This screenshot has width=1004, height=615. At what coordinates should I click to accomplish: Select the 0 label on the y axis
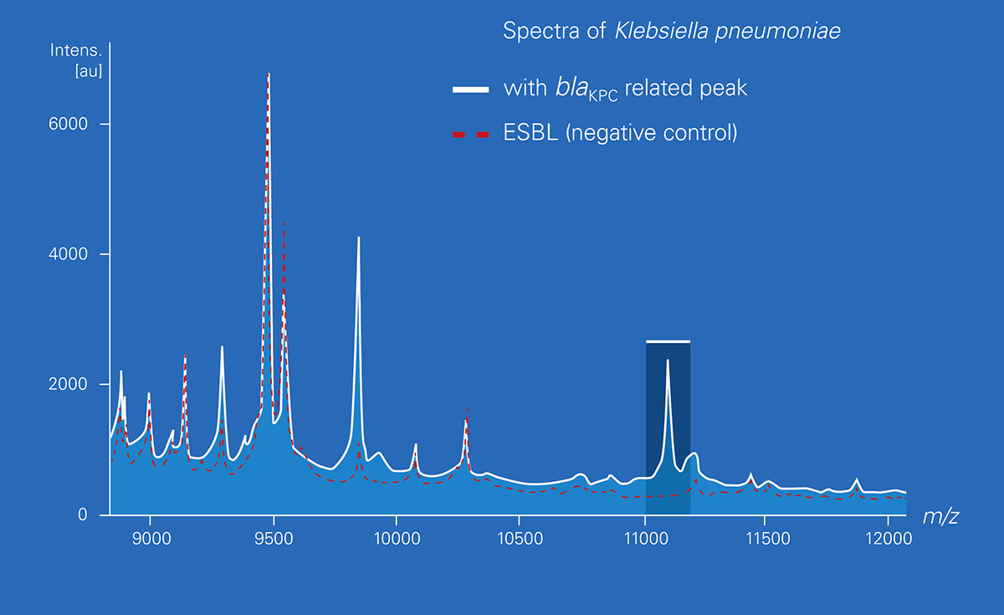click(x=82, y=515)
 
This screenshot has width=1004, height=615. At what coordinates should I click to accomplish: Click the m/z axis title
click(x=940, y=517)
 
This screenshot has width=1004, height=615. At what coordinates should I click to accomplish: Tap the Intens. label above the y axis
click(x=76, y=50)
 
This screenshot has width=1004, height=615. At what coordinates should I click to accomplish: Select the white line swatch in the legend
click(x=470, y=89)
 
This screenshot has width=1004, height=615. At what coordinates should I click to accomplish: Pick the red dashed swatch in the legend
click(x=470, y=133)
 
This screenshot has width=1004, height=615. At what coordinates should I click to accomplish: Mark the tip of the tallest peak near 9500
click(x=268, y=74)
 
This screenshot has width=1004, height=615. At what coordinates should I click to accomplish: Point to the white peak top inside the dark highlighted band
click(x=668, y=361)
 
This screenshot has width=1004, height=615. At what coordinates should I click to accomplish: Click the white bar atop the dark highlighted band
click(x=668, y=341)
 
